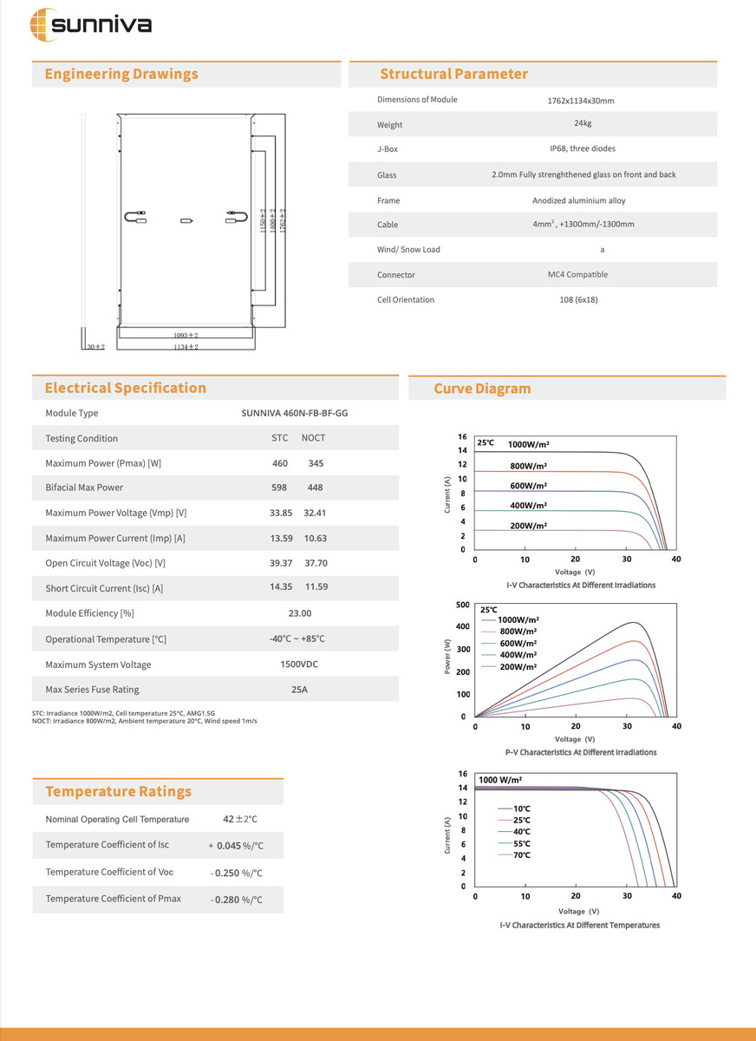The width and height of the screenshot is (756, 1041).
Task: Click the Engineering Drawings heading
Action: pos(121,75)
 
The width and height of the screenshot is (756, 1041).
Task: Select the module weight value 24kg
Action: pos(582,123)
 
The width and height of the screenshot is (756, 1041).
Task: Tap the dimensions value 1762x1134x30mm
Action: pos(581,101)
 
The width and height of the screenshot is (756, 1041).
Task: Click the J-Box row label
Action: pos(388,149)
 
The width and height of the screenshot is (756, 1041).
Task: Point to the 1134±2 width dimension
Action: pos(186,347)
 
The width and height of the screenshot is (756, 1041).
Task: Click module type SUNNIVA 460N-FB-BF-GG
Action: pos(295,414)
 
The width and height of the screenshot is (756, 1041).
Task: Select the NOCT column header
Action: pos(313,438)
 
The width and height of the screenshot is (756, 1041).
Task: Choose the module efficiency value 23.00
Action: pos(299,613)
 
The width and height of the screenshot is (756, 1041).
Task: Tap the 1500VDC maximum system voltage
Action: pos(299,665)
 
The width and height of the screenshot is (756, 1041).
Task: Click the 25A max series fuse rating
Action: pos(299,690)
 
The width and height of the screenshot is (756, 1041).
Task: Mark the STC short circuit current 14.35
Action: pos(281,587)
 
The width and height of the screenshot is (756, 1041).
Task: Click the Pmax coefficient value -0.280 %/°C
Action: pos(237,900)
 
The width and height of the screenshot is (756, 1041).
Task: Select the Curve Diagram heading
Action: pos(482,389)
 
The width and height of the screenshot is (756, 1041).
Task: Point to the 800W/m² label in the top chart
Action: pos(528,466)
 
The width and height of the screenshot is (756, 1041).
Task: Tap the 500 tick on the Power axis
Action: pos(463,605)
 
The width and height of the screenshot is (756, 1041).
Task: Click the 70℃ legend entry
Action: pos(521,855)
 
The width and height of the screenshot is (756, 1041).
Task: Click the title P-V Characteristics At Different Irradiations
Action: pos(581,752)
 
